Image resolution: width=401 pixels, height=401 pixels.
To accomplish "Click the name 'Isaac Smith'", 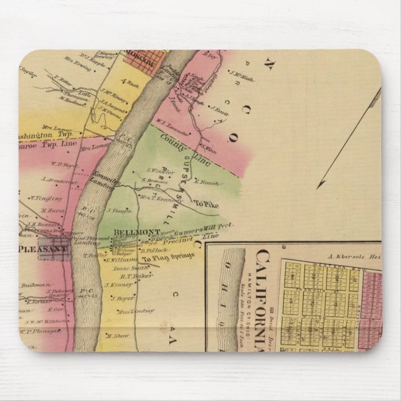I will [128, 268].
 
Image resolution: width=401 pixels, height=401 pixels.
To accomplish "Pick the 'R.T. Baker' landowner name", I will [136, 276].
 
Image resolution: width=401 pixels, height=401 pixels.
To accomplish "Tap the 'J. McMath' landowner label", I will [242, 77].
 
